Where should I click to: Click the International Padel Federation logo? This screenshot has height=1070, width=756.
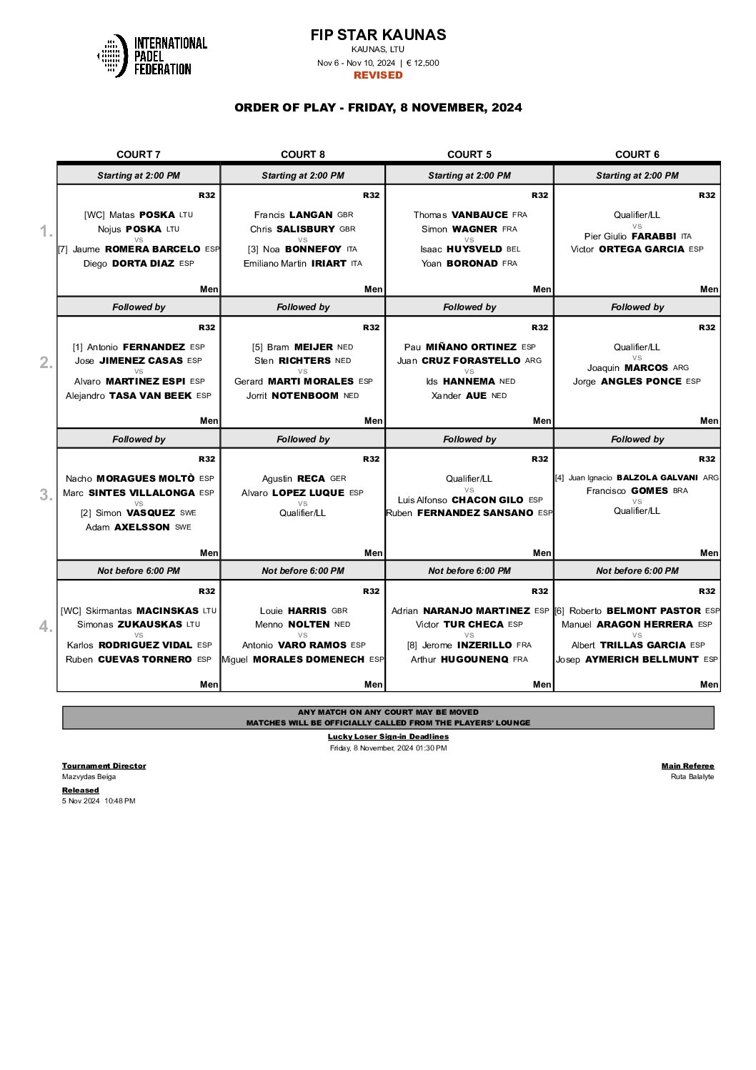(151, 56)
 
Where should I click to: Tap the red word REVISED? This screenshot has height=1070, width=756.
(378, 75)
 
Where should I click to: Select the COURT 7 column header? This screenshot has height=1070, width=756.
(139, 154)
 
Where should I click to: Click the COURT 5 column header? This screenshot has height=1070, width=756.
(469, 154)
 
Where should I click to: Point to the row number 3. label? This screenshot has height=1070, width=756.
(46, 495)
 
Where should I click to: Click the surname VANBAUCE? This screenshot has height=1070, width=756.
(479, 214)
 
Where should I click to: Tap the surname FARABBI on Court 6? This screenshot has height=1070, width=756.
(653, 236)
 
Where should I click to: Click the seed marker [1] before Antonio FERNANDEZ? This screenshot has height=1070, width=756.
(77, 347)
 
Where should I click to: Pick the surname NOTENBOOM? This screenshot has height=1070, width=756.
(304, 395)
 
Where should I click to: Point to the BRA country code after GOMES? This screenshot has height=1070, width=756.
(680, 491)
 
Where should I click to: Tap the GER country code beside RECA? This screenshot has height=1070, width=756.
(338, 479)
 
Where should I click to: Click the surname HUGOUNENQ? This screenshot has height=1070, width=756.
(474, 659)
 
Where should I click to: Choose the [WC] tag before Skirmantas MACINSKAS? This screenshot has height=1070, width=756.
(71, 610)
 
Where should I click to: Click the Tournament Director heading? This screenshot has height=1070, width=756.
(104, 766)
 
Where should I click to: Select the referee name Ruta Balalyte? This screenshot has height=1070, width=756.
(692, 776)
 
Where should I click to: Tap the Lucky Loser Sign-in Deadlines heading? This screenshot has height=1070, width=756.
(388, 736)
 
